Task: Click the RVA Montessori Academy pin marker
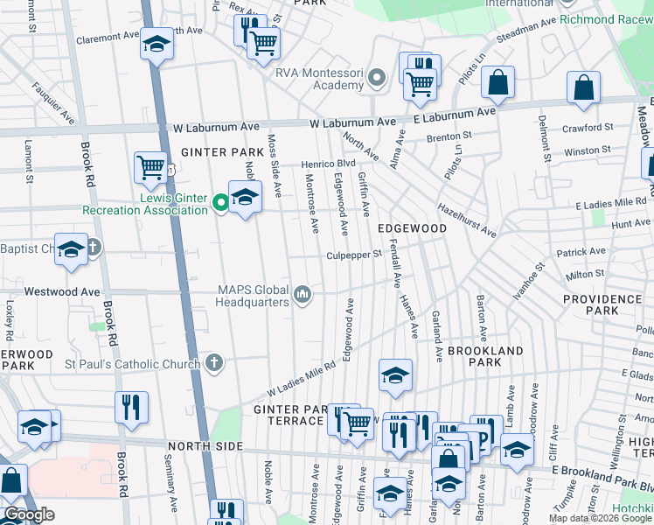pyautogui.click(x=378, y=79)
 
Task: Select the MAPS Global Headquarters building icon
pyautogui.click(x=303, y=295)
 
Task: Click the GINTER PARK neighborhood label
pyautogui.click(x=210, y=152)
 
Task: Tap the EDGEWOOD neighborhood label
pyautogui.click(x=412, y=227)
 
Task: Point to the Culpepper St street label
pyautogui.click(x=355, y=255)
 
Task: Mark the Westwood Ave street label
pyautogui.click(x=62, y=290)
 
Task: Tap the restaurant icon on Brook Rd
pyautogui.click(x=131, y=407)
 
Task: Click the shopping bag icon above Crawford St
pyautogui.click(x=583, y=87)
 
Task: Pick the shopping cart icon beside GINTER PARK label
pyautogui.click(x=151, y=167)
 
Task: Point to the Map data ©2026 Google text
pyautogui.click(x=600, y=518)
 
